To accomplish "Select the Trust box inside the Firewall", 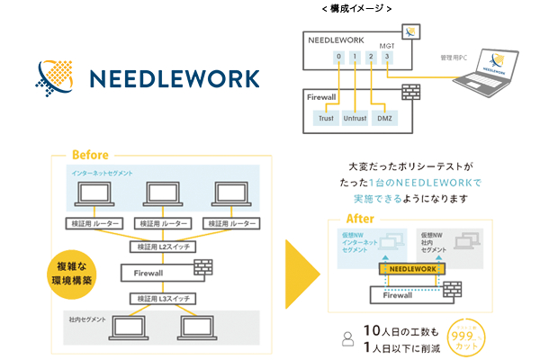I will [x=325, y=118].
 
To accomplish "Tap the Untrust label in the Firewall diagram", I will [x=356, y=118].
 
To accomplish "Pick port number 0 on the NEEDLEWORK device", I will [x=338, y=56].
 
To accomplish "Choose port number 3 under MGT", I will [x=386, y=56].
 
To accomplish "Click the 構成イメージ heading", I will [x=356, y=8].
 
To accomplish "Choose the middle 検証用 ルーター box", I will [x=162, y=223].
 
